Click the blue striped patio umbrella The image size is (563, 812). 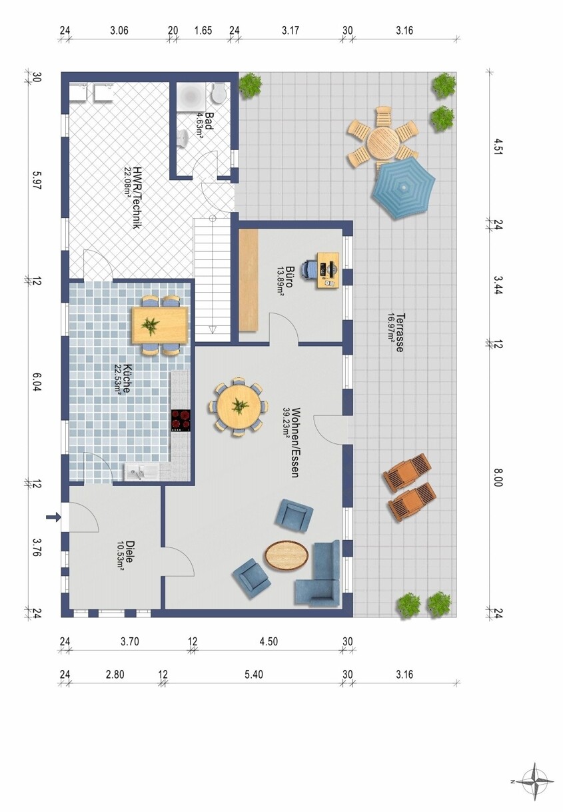(404, 187)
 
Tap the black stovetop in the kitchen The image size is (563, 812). (181, 420)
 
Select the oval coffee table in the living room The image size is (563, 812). (286, 555)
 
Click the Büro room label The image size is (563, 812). (289, 277)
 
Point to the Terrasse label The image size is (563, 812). (400, 333)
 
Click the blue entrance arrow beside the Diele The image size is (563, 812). (53, 517)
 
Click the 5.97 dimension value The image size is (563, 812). (37, 180)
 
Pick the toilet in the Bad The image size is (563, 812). (219, 93)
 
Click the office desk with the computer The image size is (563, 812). (329, 271)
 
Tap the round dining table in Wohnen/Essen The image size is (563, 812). (239, 405)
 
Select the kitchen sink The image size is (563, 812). (141, 473)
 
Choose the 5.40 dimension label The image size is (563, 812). (254, 674)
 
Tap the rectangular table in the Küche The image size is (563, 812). (160, 325)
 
